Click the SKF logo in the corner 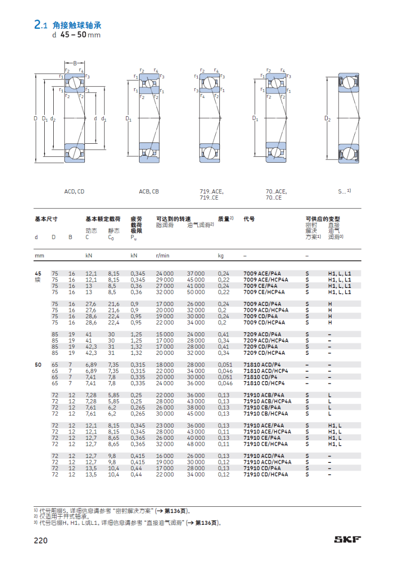[347, 539]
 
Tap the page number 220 [41, 540]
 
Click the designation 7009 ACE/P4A [262, 273]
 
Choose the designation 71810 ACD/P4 [260, 365]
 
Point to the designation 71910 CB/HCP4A [265, 413]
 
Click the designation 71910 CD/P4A [262, 468]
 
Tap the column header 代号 [249, 219]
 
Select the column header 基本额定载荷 [103, 219]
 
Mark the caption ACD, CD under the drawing [74, 192]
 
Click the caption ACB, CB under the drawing [149, 192]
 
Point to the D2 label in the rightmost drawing [328, 118]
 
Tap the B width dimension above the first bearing [75, 63]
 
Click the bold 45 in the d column [38, 273]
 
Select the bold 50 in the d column [38, 365]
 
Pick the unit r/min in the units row [163, 256]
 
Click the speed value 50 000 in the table [196, 292]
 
